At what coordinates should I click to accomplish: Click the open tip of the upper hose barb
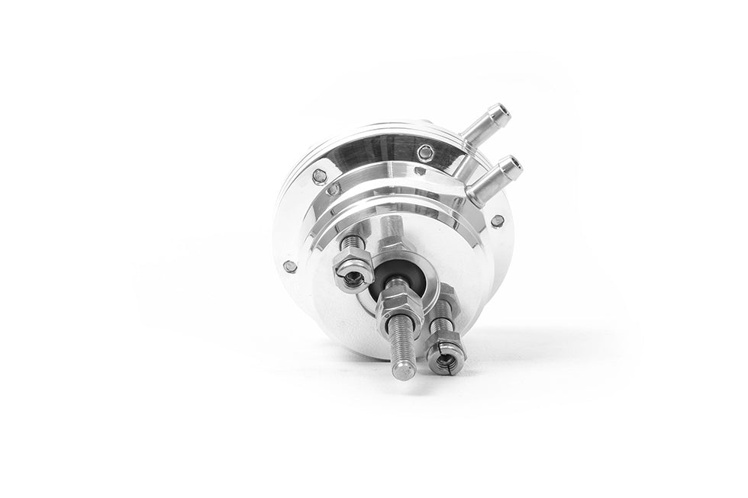click(x=501, y=114)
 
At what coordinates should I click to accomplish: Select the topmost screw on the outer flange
click(x=425, y=153)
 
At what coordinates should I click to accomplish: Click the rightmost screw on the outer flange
click(x=498, y=221)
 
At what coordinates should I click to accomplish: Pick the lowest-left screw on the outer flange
click(x=290, y=266)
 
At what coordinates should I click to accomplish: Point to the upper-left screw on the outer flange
click(x=319, y=176)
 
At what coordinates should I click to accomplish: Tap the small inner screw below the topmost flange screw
click(x=419, y=171)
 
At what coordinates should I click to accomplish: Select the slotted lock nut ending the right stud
click(x=446, y=355)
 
